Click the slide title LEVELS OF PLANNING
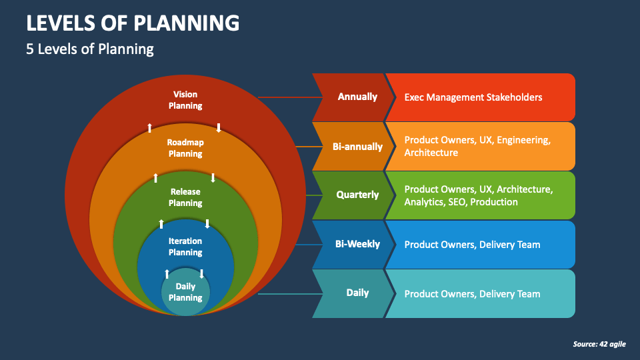point(133,23)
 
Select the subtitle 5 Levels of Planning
point(90,49)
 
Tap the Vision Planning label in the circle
point(185,100)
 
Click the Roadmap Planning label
point(185,148)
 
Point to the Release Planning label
point(185,197)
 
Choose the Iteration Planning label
point(185,247)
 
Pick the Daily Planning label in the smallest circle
point(185,292)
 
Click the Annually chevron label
point(357,97)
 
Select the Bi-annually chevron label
point(357,146)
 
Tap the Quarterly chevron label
point(357,195)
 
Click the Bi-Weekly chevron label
point(357,244)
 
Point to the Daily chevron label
point(357,293)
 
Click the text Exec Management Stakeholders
point(473,97)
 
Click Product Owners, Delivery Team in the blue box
point(472,245)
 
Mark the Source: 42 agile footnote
point(599,344)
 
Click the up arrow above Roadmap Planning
point(150,127)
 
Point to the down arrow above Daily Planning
point(201,273)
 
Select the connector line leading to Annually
point(285,97)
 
